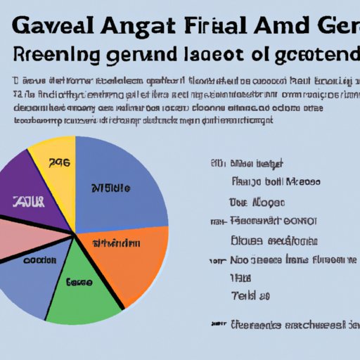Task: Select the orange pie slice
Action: (134, 260)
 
